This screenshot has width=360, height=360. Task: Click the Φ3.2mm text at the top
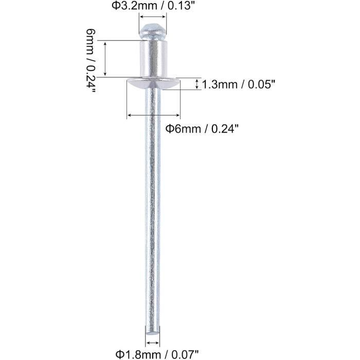coord(134,6)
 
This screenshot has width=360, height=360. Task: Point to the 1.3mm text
coord(220,85)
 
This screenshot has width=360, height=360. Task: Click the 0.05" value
coord(261,85)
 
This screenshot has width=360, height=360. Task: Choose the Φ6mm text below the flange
coord(183,129)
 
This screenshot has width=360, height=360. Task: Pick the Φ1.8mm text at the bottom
coord(138,355)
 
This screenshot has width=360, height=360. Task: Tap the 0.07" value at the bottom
coord(185,355)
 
